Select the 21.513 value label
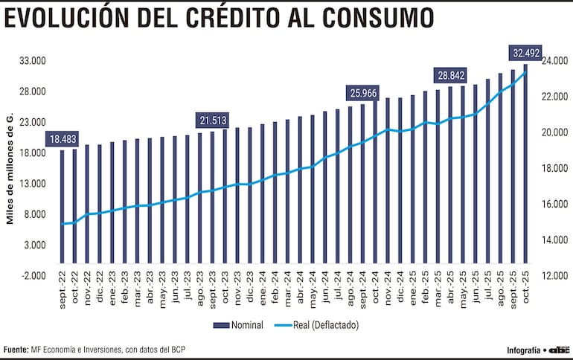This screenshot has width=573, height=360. click(x=213, y=120)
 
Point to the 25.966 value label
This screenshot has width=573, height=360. click(x=363, y=93)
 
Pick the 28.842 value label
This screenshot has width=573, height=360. click(x=451, y=75)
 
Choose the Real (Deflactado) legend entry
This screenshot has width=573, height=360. click(x=316, y=325)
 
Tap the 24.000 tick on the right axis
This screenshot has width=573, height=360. click(x=554, y=61)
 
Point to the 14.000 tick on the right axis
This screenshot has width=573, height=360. click(x=554, y=240)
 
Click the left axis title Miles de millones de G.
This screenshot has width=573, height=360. click(x=10, y=170)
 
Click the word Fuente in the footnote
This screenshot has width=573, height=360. click(x=16, y=349)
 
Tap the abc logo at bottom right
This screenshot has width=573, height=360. click(x=560, y=349)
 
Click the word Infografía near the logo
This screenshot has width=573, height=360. click(x=524, y=350)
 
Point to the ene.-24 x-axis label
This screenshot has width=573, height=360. click(x=263, y=290)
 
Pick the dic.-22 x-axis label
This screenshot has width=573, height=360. click(x=100, y=290)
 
